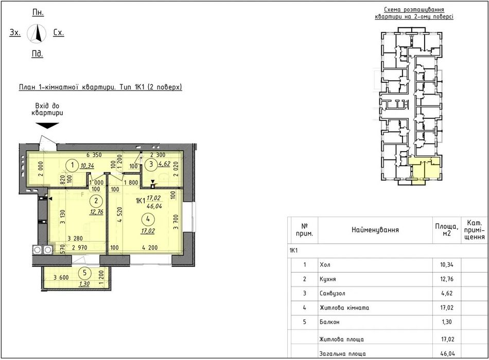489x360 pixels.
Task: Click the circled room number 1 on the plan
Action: [x=73, y=165]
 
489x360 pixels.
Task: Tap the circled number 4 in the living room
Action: [x=148, y=219]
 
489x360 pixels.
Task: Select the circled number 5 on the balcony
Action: [x=84, y=273]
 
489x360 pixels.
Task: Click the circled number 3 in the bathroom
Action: [x=151, y=164]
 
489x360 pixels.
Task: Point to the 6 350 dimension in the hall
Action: [x=94, y=155]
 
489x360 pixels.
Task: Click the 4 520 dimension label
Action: [x=120, y=215]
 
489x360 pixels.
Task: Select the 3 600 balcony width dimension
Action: [x=61, y=277]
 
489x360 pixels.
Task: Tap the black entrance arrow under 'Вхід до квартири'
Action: [x=47, y=125]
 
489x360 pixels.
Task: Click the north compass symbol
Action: [x=37, y=33]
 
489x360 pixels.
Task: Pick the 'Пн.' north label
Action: [x=38, y=12]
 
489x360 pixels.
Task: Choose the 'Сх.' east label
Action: [x=59, y=32]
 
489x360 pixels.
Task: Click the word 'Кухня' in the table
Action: [x=328, y=279]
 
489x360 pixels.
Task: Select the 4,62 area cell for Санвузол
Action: [x=447, y=293]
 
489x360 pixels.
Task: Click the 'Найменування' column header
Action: [x=375, y=230]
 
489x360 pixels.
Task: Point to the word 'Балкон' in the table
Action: [x=329, y=322]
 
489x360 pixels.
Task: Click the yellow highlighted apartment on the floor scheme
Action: [x=424, y=169]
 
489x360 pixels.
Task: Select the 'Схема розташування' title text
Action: [x=414, y=10]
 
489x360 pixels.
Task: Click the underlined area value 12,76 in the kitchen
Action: [x=96, y=212]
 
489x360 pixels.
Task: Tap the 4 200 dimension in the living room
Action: [x=150, y=248]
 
